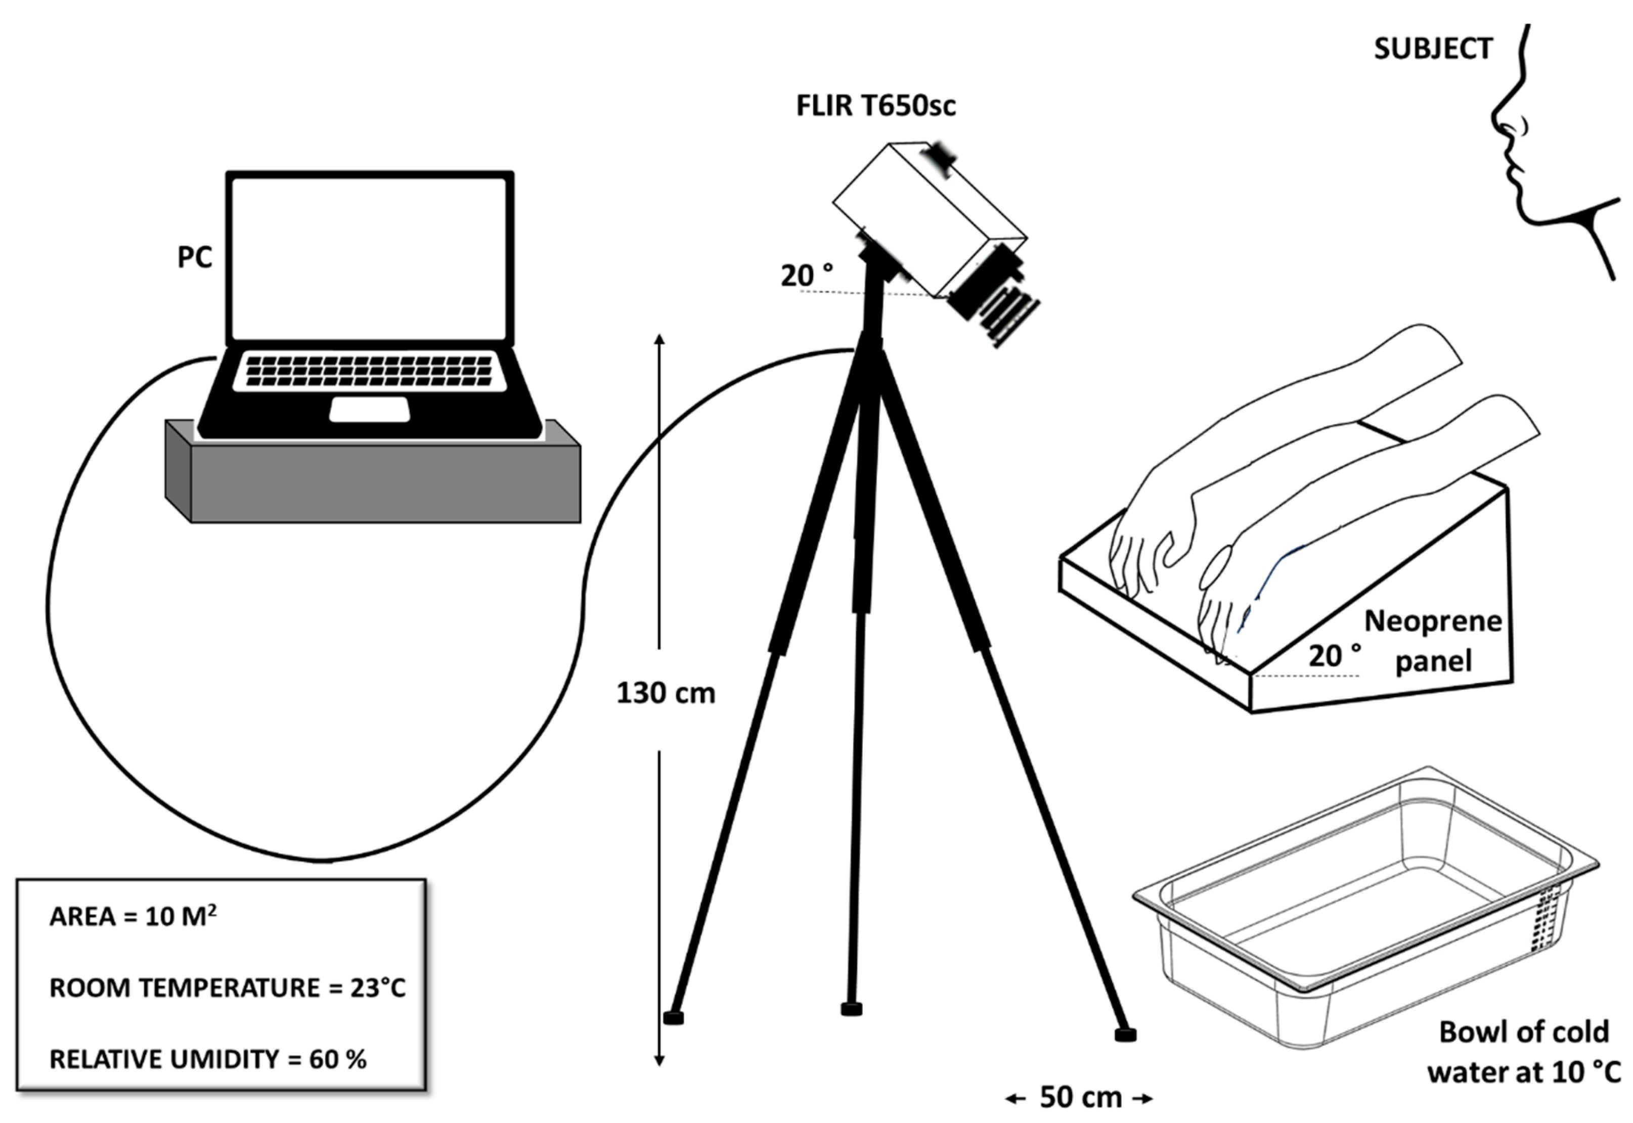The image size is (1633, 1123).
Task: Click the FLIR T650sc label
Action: tap(875, 106)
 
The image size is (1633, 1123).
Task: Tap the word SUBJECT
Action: tap(1433, 49)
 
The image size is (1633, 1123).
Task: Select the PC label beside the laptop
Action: tap(194, 257)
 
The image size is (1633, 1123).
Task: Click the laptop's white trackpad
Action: tap(369, 410)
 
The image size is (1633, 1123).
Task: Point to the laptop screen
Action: tap(369, 258)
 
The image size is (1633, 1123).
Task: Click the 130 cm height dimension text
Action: tap(666, 693)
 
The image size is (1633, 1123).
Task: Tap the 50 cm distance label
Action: tap(1080, 1097)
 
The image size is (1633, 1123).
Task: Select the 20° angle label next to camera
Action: tap(806, 276)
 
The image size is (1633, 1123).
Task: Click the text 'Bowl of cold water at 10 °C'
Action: tap(1523, 1051)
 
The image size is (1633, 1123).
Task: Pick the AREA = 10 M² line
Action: tap(133, 916)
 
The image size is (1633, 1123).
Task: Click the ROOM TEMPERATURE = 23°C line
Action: tap(227, 987)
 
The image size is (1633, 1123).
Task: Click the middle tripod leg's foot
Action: tap(851, 1010)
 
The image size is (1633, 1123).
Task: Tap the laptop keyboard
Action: tap(369, 371)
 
